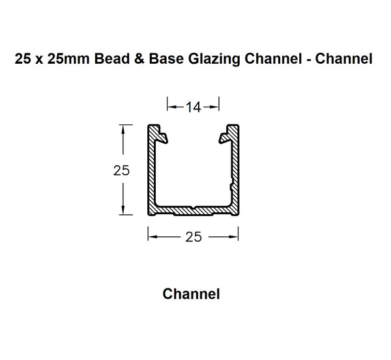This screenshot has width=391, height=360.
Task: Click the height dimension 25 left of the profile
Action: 122,171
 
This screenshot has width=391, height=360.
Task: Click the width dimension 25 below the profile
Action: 193,238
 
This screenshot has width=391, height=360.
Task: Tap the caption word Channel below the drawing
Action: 191,294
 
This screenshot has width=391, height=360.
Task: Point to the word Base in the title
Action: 171,60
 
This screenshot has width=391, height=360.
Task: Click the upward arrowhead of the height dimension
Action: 122,129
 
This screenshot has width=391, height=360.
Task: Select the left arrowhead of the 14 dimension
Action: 171,104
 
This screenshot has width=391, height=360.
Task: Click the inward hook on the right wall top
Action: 224,137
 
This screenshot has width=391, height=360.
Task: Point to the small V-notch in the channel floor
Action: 194,208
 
